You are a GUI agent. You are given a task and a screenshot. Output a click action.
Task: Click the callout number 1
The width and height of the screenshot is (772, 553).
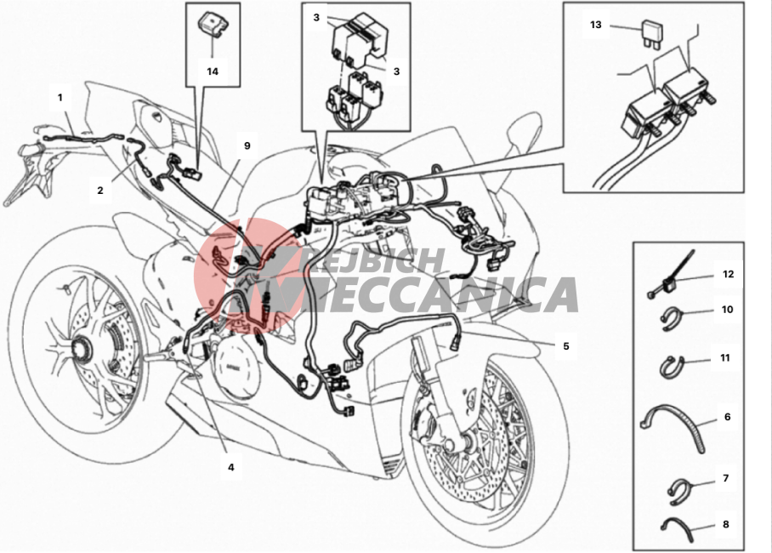point(60,98)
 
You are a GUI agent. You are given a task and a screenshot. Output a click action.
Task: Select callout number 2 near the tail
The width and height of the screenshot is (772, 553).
point(100,191)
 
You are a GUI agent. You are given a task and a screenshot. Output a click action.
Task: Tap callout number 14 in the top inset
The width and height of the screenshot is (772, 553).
point(213,71)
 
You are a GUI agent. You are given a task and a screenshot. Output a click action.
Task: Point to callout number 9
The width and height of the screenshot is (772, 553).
point(247,145)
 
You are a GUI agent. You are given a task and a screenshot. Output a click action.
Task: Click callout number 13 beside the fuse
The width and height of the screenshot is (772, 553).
point(596,25)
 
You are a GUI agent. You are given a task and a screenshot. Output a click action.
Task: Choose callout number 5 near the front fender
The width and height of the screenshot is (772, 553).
point(566,346)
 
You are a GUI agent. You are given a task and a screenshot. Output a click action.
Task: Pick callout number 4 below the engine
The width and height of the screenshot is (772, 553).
point(231,467)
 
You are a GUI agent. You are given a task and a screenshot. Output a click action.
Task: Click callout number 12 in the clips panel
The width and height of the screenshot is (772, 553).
point(728,274)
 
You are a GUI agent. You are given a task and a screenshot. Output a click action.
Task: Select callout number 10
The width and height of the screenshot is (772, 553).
point(727,310)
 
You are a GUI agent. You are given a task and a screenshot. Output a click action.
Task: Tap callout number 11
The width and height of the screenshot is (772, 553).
point(724,358)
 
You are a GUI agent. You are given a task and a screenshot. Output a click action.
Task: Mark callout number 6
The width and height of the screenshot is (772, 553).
point(727,417)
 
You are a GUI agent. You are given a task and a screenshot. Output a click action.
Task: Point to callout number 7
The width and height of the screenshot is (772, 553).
point(726,478)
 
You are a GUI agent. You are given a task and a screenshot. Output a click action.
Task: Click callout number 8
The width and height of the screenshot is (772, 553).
point(726,524)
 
